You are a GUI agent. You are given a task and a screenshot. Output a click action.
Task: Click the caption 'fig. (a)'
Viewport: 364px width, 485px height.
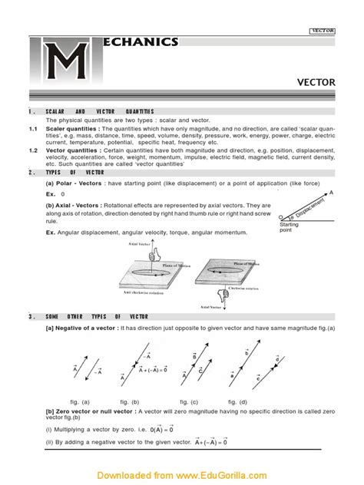[80, 401]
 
